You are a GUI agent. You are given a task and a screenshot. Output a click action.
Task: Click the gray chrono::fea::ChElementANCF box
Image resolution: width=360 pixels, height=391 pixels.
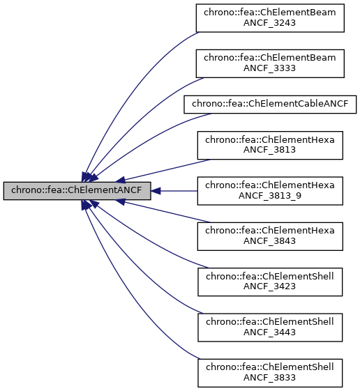coord(77,190)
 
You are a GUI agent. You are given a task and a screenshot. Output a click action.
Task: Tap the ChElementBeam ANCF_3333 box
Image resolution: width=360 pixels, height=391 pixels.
coord(270,61)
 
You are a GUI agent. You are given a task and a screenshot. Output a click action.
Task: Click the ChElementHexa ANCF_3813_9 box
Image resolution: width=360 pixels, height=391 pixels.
coord(270,190)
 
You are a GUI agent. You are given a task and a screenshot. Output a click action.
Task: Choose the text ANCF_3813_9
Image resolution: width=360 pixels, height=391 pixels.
coord(270,197)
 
